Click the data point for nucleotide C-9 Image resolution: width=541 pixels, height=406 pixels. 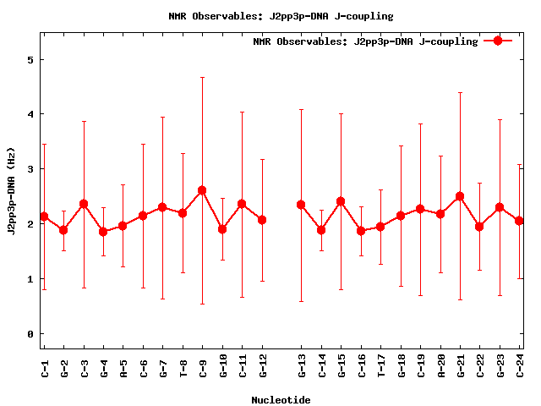[x=202, y=190]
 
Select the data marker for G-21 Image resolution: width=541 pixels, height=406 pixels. [x=460, y=196]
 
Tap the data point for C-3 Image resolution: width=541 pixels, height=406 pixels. [x=84, y=204]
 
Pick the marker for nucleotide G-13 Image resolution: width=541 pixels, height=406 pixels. [x=301, y=205]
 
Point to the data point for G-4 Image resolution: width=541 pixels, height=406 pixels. [x=103, y=232]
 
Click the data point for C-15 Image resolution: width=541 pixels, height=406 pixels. [x=341, y=201]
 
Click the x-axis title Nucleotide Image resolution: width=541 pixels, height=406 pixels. [x=281, y=400]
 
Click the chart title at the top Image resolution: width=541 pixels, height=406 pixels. [x=281, y=16]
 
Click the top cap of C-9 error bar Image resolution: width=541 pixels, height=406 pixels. [x=202, y=77]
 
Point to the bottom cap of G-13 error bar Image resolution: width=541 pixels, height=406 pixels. [x=301, y=301]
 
